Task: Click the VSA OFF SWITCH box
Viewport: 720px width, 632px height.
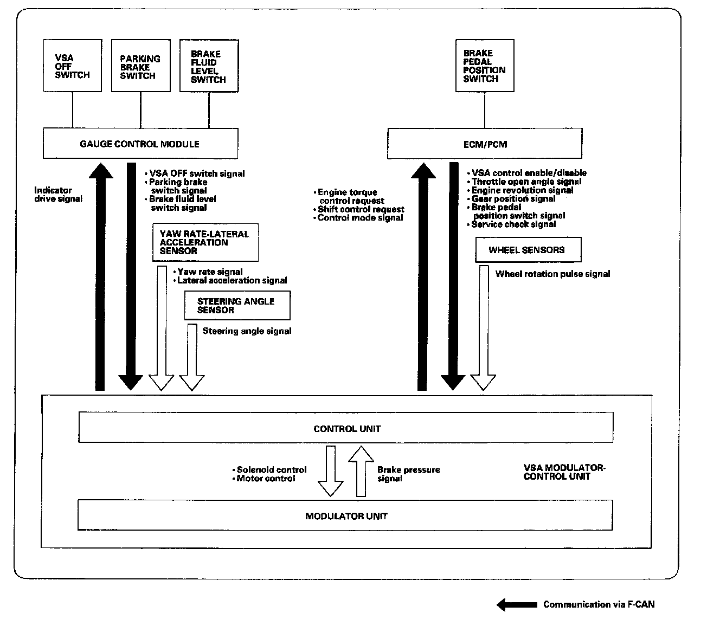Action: tap(72, 66)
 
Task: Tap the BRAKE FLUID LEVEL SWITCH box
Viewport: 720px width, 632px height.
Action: tap(209, 66)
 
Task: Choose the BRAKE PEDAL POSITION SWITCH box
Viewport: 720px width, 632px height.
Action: tap(485, 66)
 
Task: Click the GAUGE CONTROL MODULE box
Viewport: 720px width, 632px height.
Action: tap(140, 144)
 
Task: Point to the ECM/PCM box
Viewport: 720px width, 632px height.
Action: tap(485, 144)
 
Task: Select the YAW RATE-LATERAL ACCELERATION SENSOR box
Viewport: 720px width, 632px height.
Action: tap(205, 242)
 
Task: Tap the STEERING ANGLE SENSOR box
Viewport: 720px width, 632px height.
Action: tap(236, 306)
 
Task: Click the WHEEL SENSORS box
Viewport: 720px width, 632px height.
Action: tap(528, 250)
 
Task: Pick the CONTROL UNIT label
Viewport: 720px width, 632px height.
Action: tap(347, 429)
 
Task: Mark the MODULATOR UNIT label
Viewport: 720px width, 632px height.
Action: tap(346, 516)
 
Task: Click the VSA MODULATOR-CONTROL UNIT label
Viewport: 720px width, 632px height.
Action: tap(564, 472)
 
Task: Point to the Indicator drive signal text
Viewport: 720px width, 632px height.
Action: tap(58, 195)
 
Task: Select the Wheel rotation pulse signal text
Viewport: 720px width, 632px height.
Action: tap(552, 274)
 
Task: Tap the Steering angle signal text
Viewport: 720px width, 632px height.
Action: tap(247, 331)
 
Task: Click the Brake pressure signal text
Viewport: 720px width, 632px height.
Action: tap(408, 474)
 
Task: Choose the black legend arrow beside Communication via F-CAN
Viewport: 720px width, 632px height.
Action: tap(517, 604)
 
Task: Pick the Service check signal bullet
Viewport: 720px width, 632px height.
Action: tap(513, 224)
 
